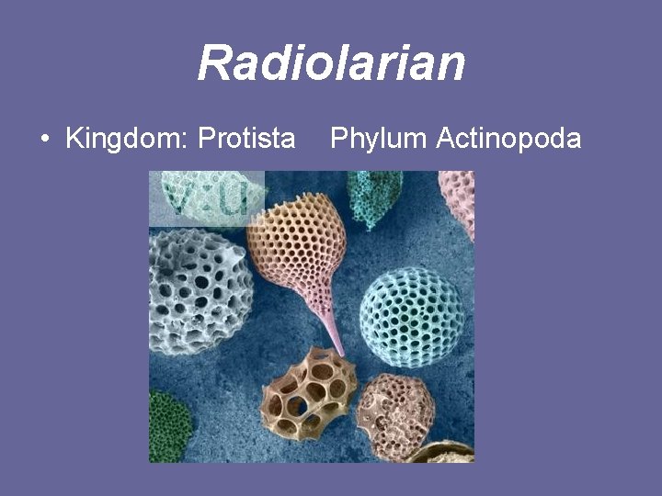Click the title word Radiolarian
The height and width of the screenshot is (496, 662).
331,63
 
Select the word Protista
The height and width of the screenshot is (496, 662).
247,139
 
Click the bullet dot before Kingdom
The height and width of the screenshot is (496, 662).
45,140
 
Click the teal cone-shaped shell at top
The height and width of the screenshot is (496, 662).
374,195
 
